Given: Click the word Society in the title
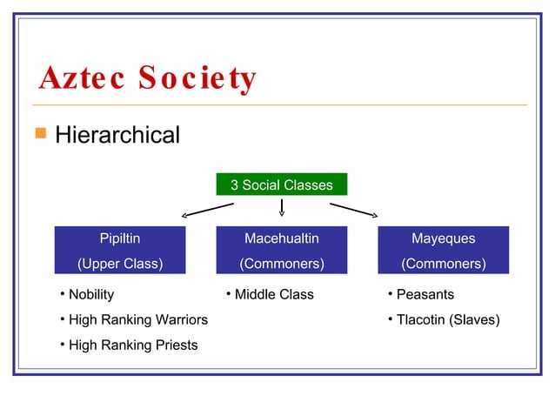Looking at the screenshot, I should [197, 79].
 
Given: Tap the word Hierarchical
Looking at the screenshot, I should [117, 136].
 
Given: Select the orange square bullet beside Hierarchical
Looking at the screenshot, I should [39, 135].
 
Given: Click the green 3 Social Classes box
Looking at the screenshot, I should [282, 185].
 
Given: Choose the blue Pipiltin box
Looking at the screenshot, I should [120, 251].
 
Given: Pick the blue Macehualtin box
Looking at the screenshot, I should [282, 251].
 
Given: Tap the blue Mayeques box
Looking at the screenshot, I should [444, 251].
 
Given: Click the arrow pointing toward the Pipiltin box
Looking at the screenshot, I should [207, 210].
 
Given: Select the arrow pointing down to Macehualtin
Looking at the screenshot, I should [282, 207].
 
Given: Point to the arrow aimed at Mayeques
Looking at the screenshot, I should [354, 210].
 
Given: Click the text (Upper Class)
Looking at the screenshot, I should [120, 264].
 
